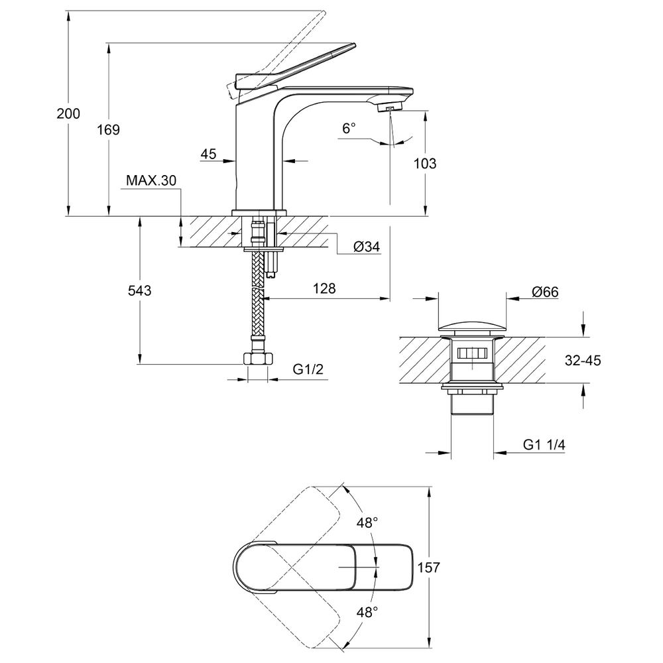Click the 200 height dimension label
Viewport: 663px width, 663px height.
click(x=68, y=114)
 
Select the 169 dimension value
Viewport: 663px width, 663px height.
click(x=108, y=130)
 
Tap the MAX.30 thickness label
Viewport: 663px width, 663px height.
click(x=151, y=180)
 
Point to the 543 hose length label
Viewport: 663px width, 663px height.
click(x=139, y=290)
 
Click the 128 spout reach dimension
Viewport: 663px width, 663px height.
click(x=324, y=288)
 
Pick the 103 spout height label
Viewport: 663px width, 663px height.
click(x=424, y=163)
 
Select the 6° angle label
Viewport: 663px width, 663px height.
click(x=349, y=128)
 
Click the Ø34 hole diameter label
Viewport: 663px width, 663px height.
click(x=367, y=247)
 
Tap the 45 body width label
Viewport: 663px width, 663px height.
click(x=208, y=154)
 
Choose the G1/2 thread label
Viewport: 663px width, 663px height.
click(x=308, y=369)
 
